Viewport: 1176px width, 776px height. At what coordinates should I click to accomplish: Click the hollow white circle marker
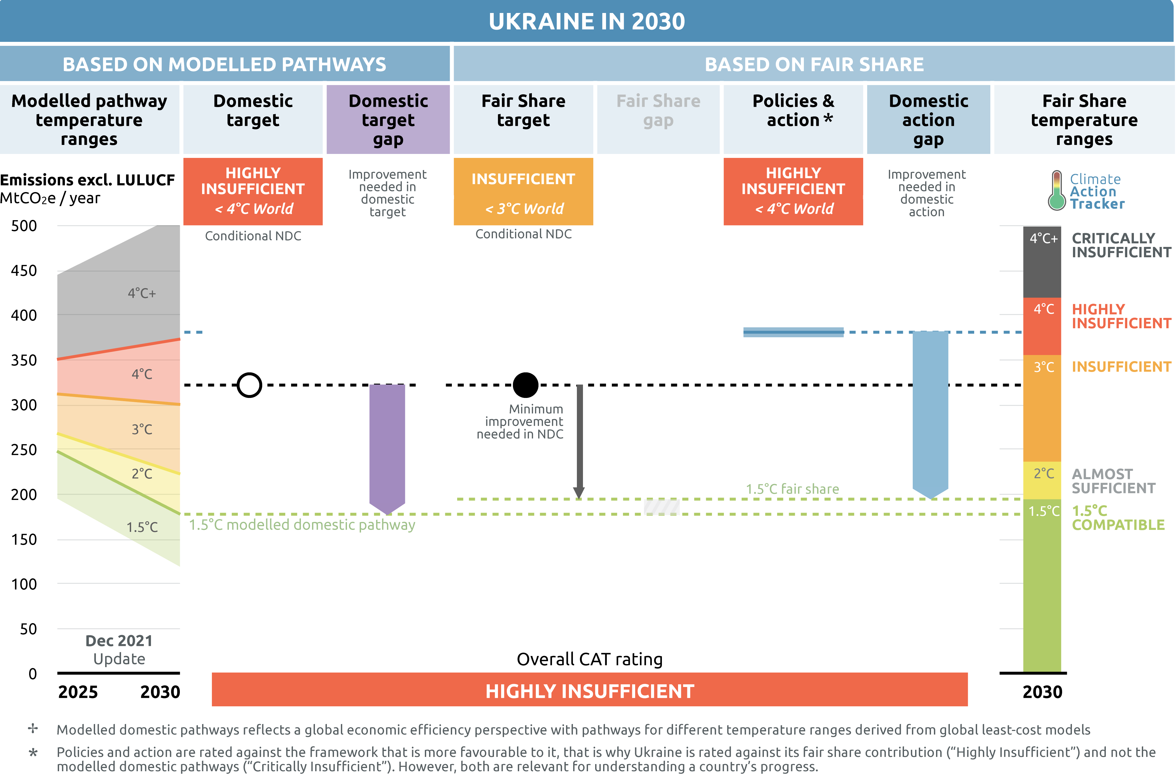click(x=249, y=385)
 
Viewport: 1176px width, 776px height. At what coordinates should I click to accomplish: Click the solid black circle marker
click(x=525, y=385)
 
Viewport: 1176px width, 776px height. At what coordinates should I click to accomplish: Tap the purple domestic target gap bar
click(x=387, y=445)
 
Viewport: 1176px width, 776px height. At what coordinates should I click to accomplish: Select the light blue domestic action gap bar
click(x=930, y=411)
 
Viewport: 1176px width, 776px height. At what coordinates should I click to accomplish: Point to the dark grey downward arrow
click(x=579, y=441)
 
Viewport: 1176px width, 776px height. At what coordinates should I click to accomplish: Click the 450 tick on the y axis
click(x=24, y=271)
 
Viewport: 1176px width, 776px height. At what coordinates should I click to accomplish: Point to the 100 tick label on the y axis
click(x=24, y=584)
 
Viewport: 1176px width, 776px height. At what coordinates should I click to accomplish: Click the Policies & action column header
click(x=793, y=111)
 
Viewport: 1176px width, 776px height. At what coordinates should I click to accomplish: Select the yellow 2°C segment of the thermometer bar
click(x=1042, y=480)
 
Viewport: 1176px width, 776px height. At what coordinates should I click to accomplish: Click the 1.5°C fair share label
click(x=792, y=489)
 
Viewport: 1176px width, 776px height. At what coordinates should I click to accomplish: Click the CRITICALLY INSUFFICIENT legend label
click(x=1121, y=246)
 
